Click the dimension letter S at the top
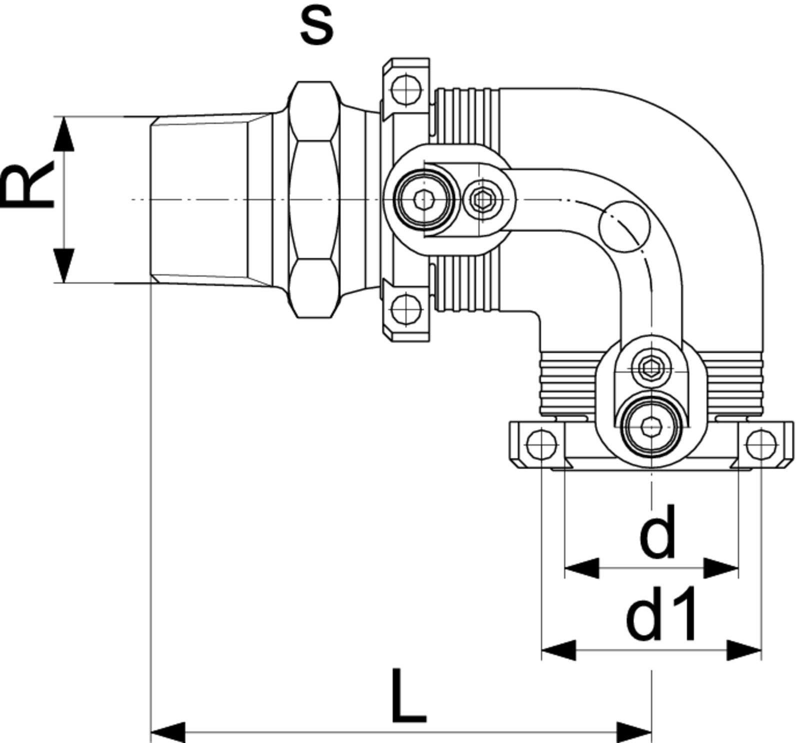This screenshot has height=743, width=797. point(316,26)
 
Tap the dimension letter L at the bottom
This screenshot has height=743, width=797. point(408,696)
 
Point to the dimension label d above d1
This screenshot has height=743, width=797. point(657,531)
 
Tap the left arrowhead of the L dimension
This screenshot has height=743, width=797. point(168,732)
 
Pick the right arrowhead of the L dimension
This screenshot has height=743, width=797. point(634,732)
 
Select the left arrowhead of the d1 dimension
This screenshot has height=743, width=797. point(559,651)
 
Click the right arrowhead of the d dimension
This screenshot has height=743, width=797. point(721,568)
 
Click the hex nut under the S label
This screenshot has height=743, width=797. point(313,199)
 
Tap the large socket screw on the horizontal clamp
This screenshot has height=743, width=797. point(424,200)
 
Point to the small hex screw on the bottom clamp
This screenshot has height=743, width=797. point(651,368)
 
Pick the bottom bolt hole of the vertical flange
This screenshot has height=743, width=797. point(405,309)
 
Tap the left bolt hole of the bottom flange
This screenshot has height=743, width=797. point(542,444)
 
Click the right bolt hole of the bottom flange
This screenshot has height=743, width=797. point(760,444)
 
